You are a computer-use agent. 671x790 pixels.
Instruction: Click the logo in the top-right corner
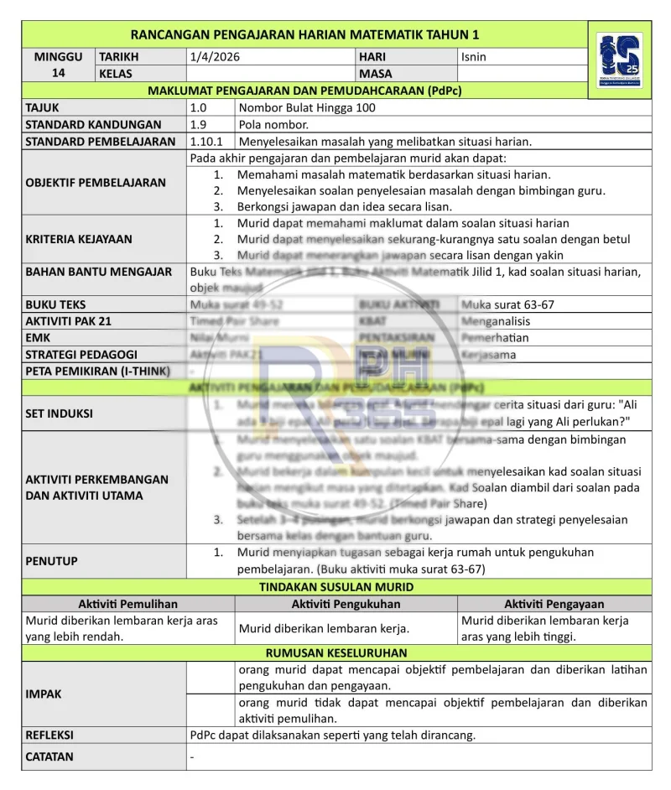coord(620,61)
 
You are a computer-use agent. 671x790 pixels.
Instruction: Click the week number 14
coord(59,73)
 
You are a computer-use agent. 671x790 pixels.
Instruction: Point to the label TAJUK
coord(43,107)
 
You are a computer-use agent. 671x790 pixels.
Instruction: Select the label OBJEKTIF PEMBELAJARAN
coord(95,182)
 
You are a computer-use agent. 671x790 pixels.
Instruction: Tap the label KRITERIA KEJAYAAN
coord(79,239)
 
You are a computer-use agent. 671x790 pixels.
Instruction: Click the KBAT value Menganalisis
coord(496,321)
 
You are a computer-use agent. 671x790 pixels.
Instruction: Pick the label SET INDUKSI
coord(59,413)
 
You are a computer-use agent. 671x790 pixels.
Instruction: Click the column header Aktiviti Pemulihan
coord(127,604)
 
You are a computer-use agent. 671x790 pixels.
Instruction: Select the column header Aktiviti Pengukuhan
coord(346,604)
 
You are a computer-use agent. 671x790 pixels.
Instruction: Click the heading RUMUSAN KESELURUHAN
coord(336,652)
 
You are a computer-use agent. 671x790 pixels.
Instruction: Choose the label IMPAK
coord(44,694)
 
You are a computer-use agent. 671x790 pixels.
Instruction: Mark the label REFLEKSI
coord(49,735)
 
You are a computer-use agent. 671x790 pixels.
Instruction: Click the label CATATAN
coord(49,756)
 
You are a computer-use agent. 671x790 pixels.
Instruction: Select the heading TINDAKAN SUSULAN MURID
coord(336,587)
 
